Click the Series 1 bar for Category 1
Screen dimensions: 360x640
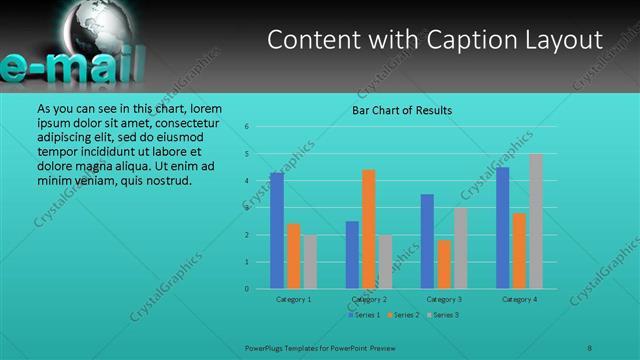[x=277, y=231]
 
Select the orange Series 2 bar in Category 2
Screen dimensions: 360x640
[x=368, y=229]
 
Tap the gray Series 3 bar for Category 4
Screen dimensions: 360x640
[x=536, y=221]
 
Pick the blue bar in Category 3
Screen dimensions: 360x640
[x=427, y=241]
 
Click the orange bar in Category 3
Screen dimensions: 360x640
[x=444, y=264]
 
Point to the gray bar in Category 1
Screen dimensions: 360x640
[x=310, y=262]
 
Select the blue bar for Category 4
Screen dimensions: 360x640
[x=502, y=228]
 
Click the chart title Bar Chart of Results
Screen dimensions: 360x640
[x=402, y=110]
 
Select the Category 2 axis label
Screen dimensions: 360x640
[x=369, y=299]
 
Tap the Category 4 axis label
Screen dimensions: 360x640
[x=520, y=299]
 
